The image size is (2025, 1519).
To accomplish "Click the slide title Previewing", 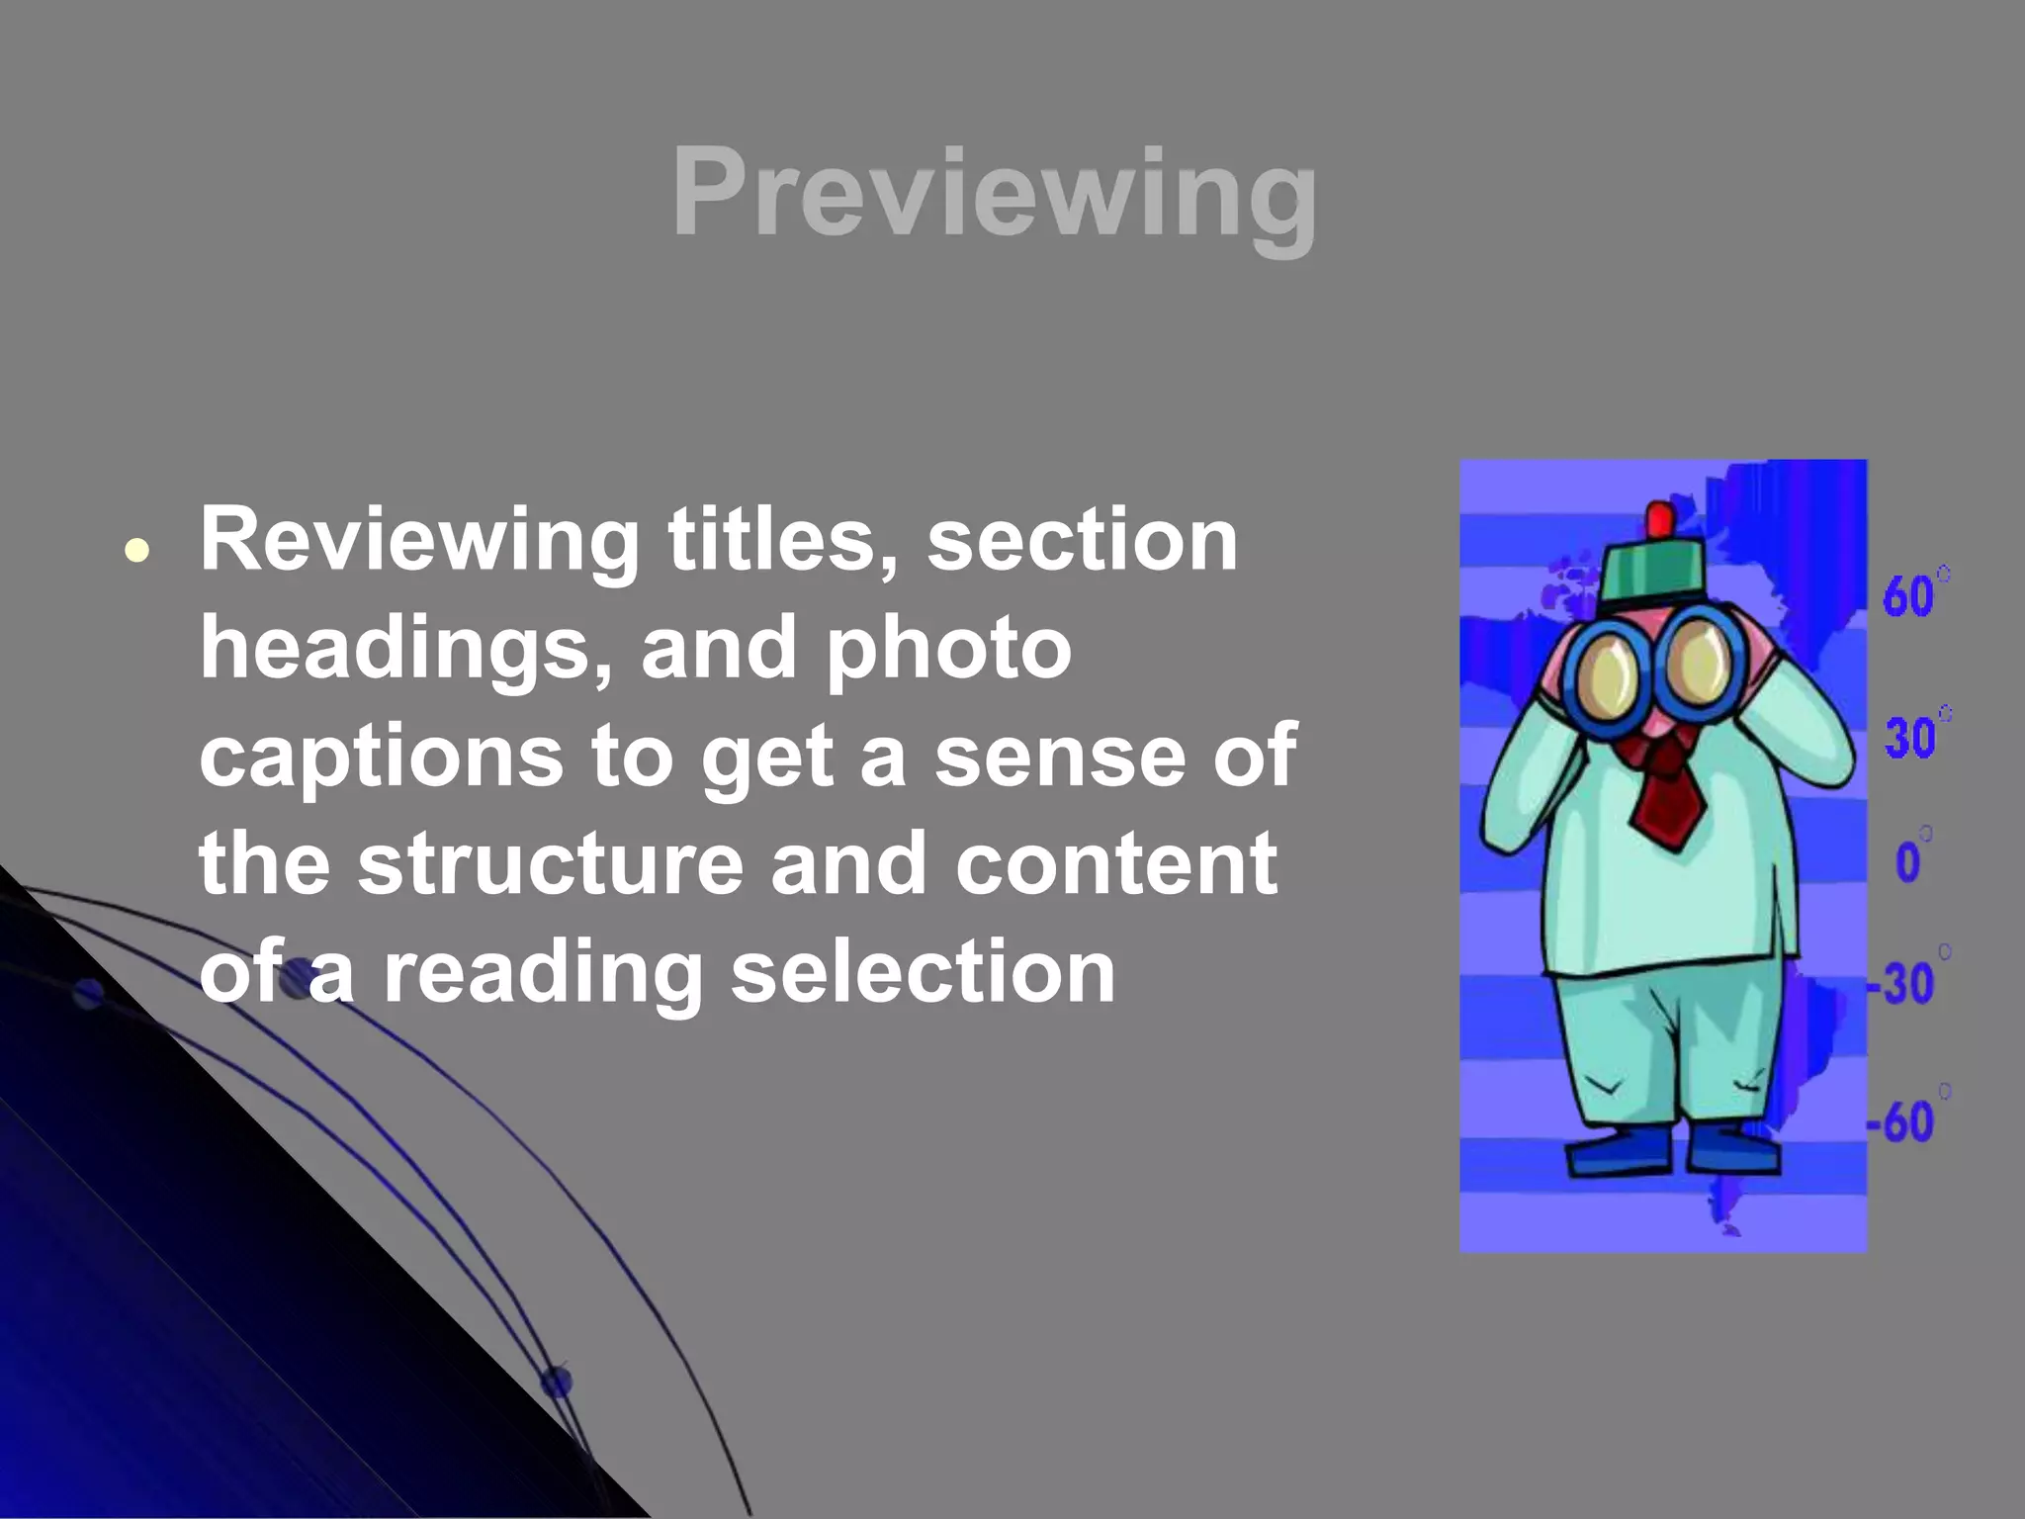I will [994, 193].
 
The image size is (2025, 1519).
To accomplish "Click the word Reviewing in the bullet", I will [420, 541].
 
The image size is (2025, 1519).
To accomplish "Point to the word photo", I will [949, 649].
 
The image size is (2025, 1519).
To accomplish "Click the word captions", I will [381, 758].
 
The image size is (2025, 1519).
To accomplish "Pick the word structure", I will [550, 863].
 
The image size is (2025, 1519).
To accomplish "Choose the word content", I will [1116, 863].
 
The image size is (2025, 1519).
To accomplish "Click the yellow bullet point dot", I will [137, 551].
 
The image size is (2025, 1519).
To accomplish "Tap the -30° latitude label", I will [1904, 982].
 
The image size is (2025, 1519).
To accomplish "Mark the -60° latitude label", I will [1904, 1121].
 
